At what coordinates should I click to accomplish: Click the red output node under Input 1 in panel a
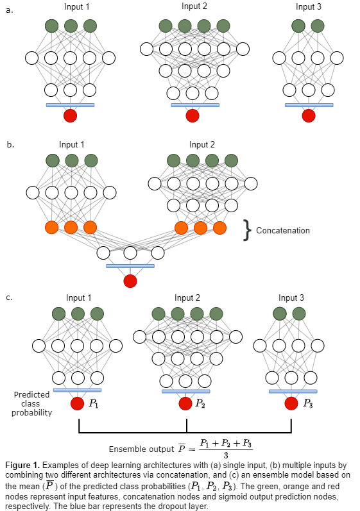[70, 115]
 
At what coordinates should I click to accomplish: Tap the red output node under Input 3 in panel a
[309, 115]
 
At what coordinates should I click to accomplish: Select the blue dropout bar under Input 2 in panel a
[195, 105]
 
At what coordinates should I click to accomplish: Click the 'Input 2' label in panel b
[202, 144]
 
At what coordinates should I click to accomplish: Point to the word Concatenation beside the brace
[283, 230]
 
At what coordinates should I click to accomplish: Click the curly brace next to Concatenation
[248, 230]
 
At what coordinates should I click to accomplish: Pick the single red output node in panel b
[130, 281]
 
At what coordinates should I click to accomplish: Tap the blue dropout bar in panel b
[130, 266]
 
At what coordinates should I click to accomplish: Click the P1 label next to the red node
[94, 404]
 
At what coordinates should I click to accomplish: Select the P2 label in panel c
[200, 403]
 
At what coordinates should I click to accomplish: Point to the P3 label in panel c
[308, 403]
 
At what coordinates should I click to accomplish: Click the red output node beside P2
[185, 403]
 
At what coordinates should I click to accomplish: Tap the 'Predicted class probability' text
[31, 403]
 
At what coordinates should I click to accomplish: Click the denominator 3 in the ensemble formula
[226, 455]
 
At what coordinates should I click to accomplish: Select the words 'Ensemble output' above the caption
[142, 449]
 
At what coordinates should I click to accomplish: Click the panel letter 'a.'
[10, 10]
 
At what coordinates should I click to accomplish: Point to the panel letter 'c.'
[10, 297]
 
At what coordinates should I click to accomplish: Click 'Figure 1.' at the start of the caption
[22, 465]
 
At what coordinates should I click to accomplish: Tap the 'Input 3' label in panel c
[291, 297]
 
